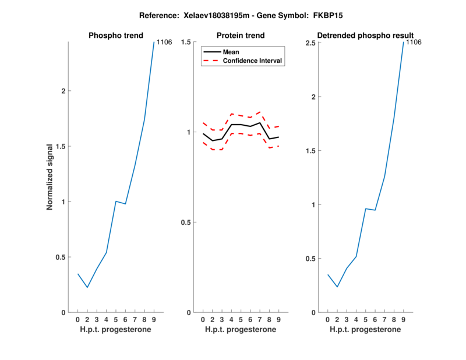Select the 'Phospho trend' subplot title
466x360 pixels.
[116, 36]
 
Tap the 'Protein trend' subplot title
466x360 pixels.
[241, 36]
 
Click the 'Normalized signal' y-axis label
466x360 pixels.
[50, 177]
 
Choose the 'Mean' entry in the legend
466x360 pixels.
[231, 52]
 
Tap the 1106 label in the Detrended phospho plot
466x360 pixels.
[413, 42]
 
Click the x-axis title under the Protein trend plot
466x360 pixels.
[241, 330]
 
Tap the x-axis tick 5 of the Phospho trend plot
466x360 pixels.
[116, 320]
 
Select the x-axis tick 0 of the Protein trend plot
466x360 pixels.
[203, 320]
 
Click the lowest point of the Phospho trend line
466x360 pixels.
[87, 287]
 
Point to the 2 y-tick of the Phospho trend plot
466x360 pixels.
[63, 91]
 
